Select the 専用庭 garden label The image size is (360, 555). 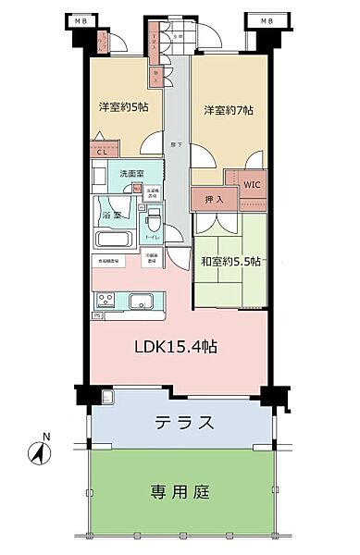pyautogui.click(x=180, y=490)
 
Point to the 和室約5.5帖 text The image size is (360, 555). pyautogui.click(x=230, y=260)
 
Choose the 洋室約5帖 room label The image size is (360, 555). pyautogui.click(x=123, y=106)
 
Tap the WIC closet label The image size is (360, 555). pyautogui.click(x=252, y=184)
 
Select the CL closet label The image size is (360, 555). pyautogui.click(x=102, y=153)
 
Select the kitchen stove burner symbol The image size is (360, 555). pyautogui.click(x=105, y=301)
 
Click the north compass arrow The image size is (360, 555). pyautogui.click(x=40, y=452)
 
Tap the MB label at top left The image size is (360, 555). pyautogui.click(x=81, y=20)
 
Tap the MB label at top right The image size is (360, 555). pyautogui.click(x=266, y=20)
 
